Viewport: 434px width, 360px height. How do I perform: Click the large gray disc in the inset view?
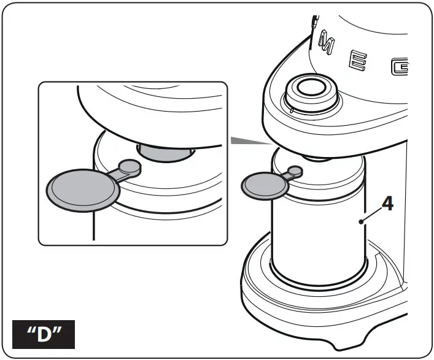pyautogui.click(x=82, y=190)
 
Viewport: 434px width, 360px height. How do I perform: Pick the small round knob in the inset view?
pyautogui.click(x=129, y=166)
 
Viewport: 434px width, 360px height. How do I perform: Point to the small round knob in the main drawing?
pyautogui.click(x=295, y=171)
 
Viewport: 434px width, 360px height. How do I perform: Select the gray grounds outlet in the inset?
pyautogui.click(x=165, y=151)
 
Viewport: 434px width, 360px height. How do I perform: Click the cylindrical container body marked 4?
pyautogui.click(x=319, y=239)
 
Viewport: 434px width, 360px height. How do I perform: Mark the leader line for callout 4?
pyautogui.click(x=371, y=212)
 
